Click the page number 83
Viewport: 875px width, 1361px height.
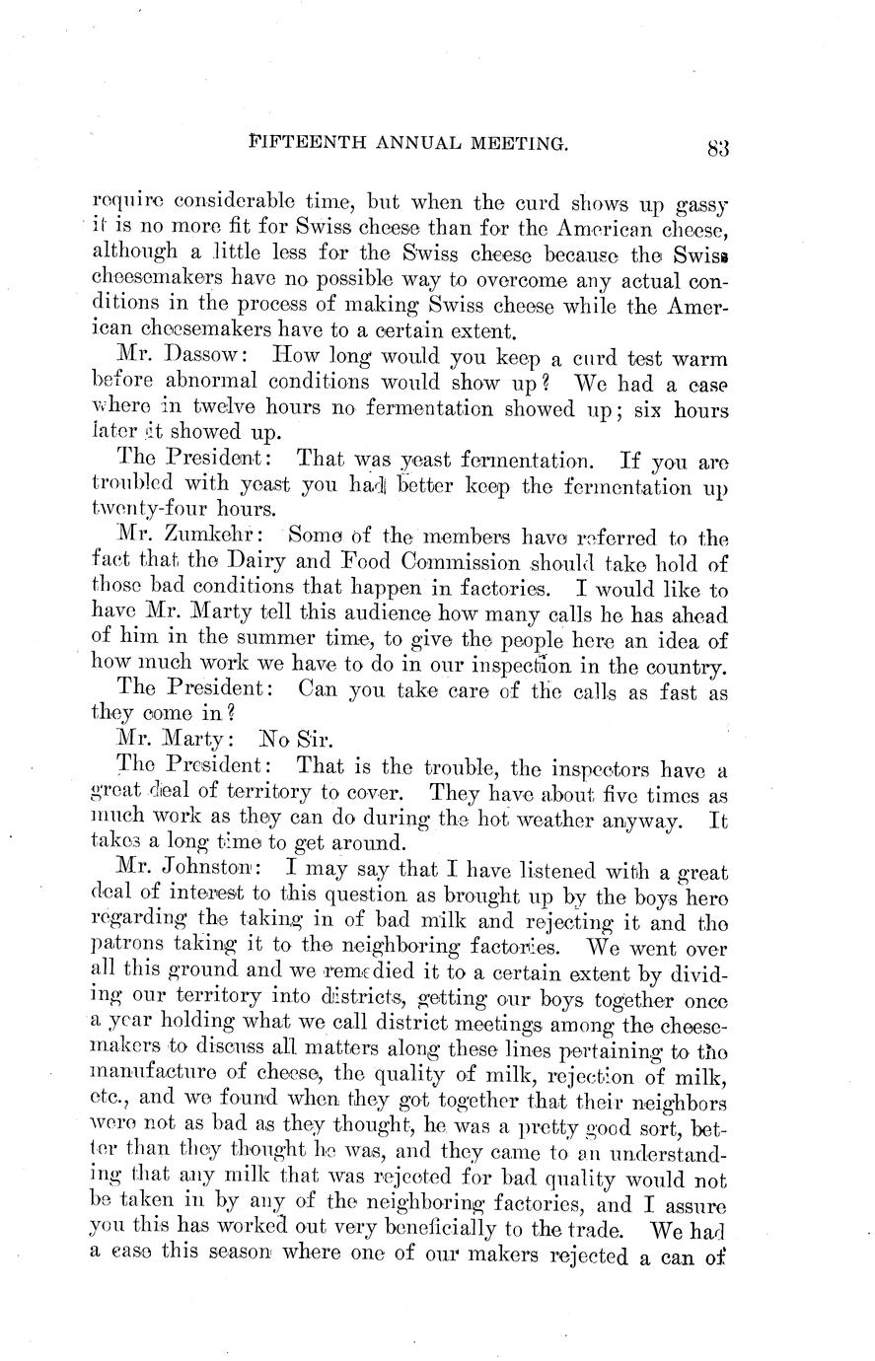pos(717,149)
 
